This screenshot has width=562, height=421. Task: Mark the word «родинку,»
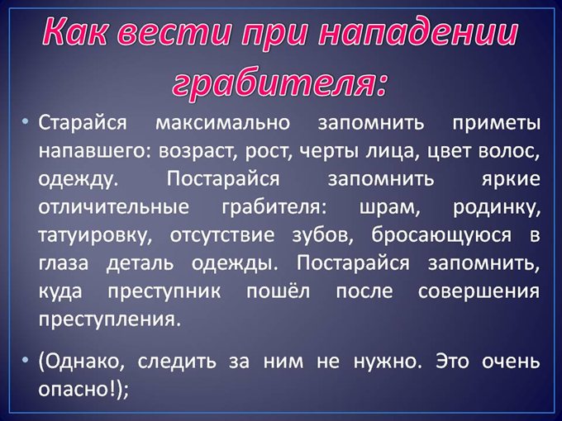495,207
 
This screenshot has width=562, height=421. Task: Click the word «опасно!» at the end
78,390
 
